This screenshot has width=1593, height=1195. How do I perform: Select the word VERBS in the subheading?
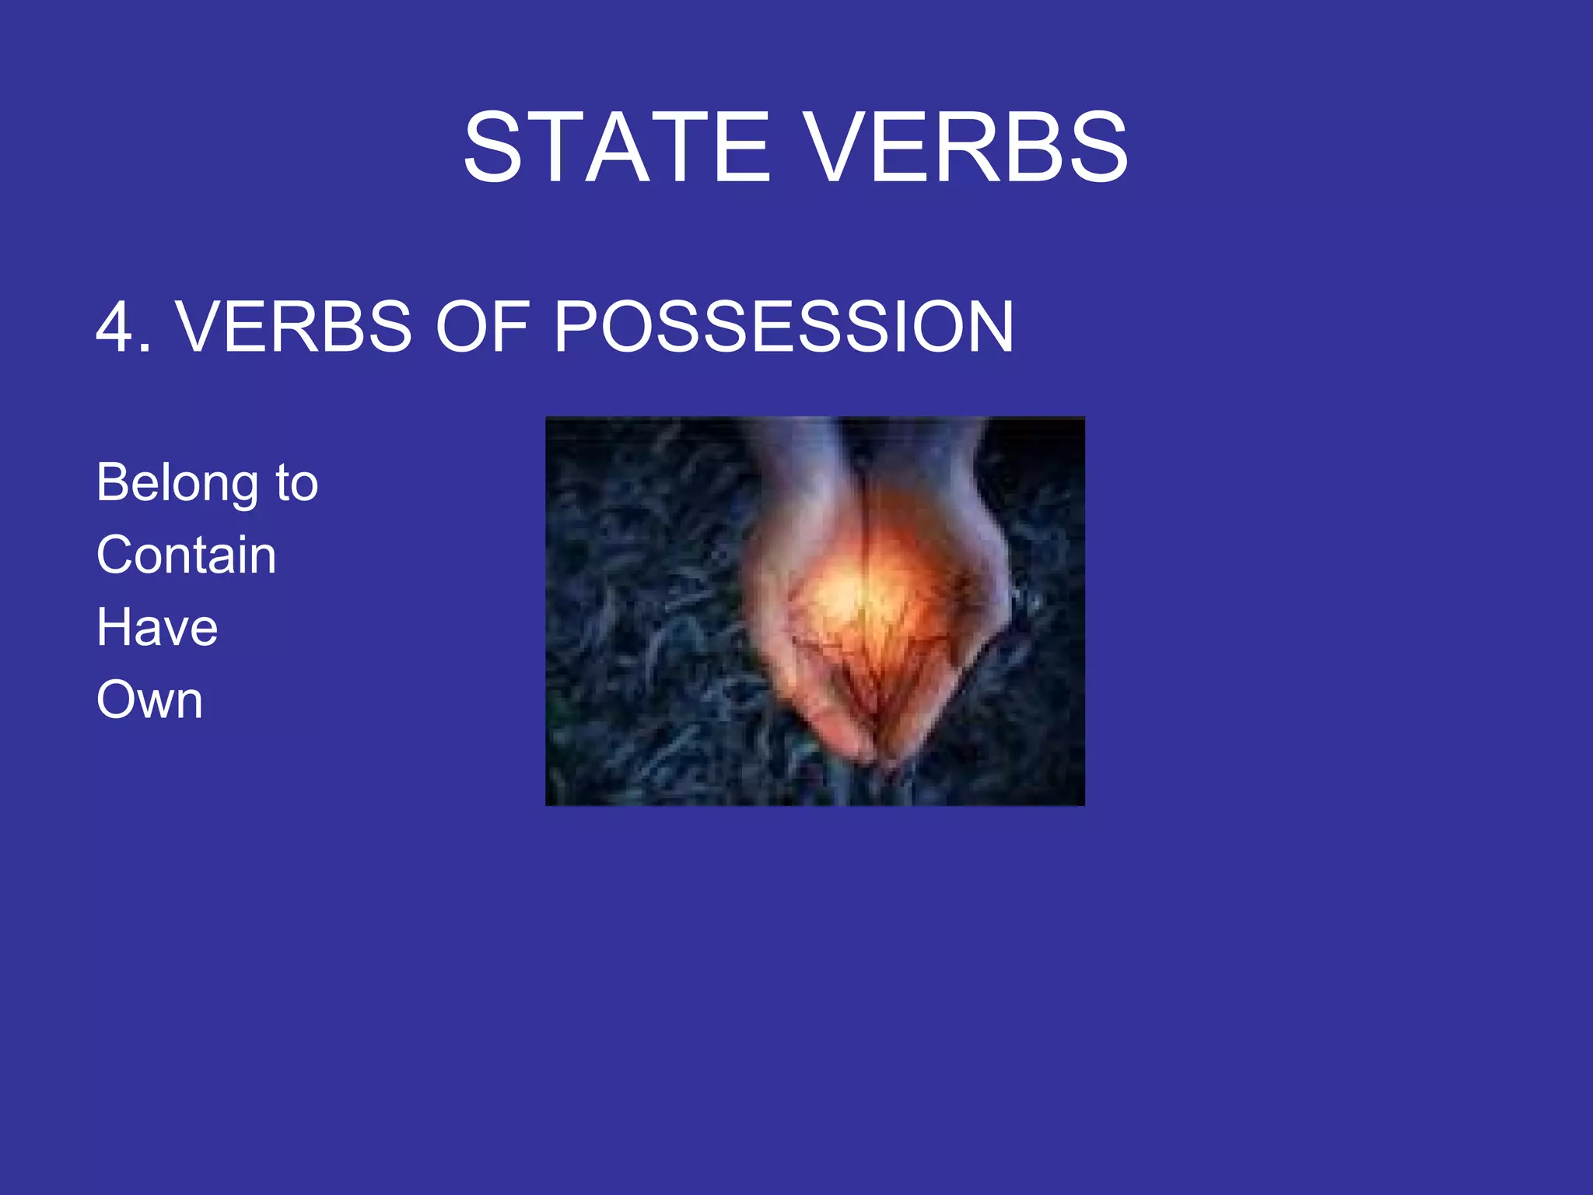pyautogui.click(x=294, y=327)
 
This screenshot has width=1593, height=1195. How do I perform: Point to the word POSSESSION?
pyautogui.click(x=783, y=327)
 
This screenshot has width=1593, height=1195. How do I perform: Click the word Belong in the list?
pyautogui.click(x=177, y=484)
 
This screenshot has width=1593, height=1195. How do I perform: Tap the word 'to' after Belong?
pyautogui.click(x=296, y=484)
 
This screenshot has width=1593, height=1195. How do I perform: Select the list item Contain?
pyautogui.click(x=186, y=555)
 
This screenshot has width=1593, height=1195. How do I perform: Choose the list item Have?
pyautogui.click(x=157, y=627)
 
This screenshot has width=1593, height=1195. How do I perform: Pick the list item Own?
pyautogui.click(x=149, y=699)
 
